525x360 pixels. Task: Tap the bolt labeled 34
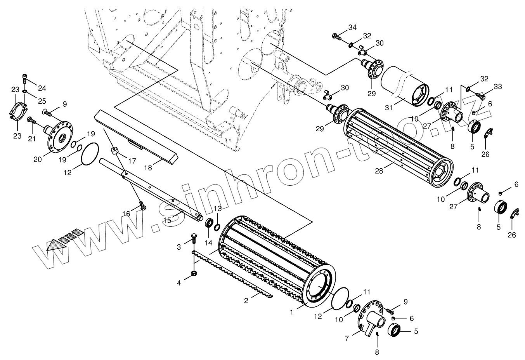(x=336, y=37)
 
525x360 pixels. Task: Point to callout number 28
(x=379, y=170)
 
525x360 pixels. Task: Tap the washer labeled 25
(x=25, y=92)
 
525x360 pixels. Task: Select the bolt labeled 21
(x=31, y=122)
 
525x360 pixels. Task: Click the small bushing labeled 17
(x=115, y=151)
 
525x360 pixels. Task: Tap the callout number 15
(x=166, y=220)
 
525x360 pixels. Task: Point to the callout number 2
(x=246, y=300)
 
